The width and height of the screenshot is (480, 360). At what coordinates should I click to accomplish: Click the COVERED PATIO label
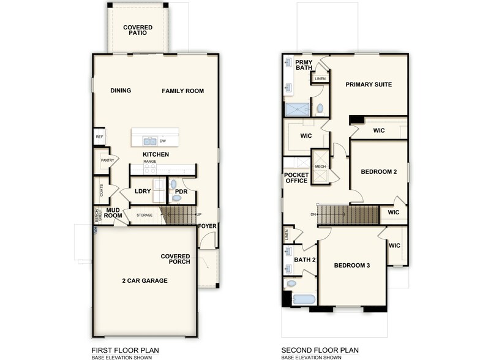pos(138,31)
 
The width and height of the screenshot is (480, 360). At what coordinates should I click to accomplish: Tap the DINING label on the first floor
pos(121,91)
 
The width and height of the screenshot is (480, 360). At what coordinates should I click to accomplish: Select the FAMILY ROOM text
pos(182,91)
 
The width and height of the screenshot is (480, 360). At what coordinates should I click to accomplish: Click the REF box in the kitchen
pos(99,137)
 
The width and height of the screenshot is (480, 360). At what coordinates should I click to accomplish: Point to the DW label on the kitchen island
pos(162,141)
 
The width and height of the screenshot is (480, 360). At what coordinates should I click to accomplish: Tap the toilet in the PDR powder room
pos(173,183)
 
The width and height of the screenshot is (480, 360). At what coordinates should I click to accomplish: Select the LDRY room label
pos(143,192)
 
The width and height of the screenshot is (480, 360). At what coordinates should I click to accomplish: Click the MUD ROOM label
pos(113,213)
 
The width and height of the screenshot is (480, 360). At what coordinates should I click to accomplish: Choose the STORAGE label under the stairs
pos(144,216)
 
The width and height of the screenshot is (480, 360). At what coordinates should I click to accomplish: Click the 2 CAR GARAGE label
pos(144,281)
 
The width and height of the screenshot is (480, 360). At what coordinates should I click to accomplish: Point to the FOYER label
pos(208,226)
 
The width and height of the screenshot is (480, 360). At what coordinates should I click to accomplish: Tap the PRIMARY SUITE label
pos(368,84)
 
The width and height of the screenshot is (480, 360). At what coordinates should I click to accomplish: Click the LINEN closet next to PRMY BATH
pos(320,79)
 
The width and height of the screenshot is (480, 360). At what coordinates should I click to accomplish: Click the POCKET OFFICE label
pos(296,178)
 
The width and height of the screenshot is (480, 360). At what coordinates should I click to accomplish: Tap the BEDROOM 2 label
pos(378,172)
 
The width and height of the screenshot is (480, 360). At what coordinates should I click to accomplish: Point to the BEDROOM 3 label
pos(352,266)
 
